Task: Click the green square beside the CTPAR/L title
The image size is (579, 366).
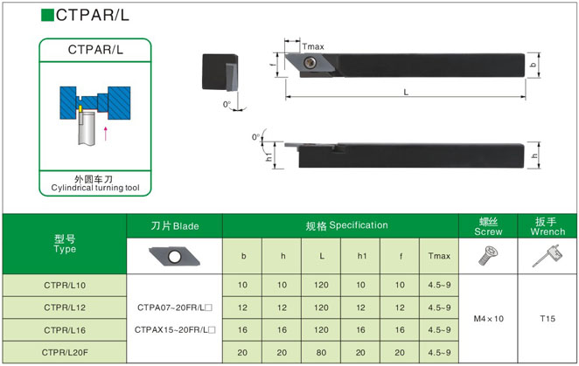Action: [x=47, y=15]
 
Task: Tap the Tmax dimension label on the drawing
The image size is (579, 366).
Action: [x=313, y=47]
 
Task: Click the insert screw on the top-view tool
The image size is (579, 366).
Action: [x=310, y=62]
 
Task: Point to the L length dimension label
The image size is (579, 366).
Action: [x=406, y=93]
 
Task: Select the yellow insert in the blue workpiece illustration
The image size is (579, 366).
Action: [x=80, y=109]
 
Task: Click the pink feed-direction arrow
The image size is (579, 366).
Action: [x=106, y=134]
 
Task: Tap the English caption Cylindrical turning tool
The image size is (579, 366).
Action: [x=95, y=188]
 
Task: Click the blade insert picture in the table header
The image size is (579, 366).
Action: [x=174, y=257]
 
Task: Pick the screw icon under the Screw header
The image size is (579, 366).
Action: [x=488, y=256]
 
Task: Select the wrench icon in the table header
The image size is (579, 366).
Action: [x=548, y=256]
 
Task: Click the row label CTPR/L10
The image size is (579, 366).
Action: [x=65, y=285]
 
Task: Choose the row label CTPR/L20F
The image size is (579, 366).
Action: [x=65, y=352]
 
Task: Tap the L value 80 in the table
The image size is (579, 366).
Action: [x=321, y=352]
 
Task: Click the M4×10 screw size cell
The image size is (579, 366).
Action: [x=489, y=319]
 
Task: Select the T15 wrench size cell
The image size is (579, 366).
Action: [x=548, y=319]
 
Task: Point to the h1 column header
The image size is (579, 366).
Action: [x=362, y=256]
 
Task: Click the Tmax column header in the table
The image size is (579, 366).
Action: [x=439, y=256]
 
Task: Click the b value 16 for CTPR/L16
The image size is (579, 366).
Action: [x=242, y=330]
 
